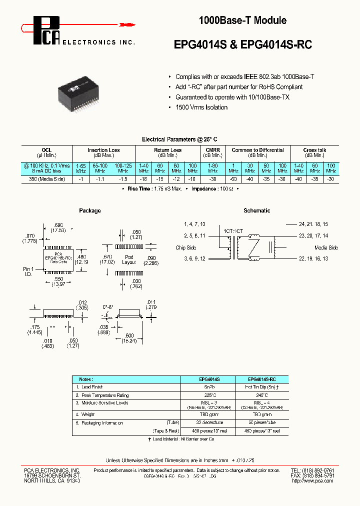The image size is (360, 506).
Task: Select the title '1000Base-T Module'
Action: coord(242,20)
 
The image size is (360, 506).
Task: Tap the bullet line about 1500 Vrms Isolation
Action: coord(201,107)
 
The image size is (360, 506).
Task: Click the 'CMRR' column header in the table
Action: coord(212,150)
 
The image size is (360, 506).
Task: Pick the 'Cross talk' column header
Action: coord(314,150)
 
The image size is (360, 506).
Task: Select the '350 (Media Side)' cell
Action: coord(47,178)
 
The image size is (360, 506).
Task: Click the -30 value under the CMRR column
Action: coord(212,178)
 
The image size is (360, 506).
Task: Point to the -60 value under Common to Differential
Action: coord(233,178)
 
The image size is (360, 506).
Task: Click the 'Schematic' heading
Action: coord(256,210)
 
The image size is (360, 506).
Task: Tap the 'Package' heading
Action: coord(90,210)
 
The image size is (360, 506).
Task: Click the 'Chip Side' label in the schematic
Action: coord(187,247)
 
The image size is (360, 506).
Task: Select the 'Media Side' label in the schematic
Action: coord(326,247)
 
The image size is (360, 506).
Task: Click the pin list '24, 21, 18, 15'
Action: coord(313,224)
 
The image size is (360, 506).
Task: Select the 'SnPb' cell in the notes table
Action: coord(207,387)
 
